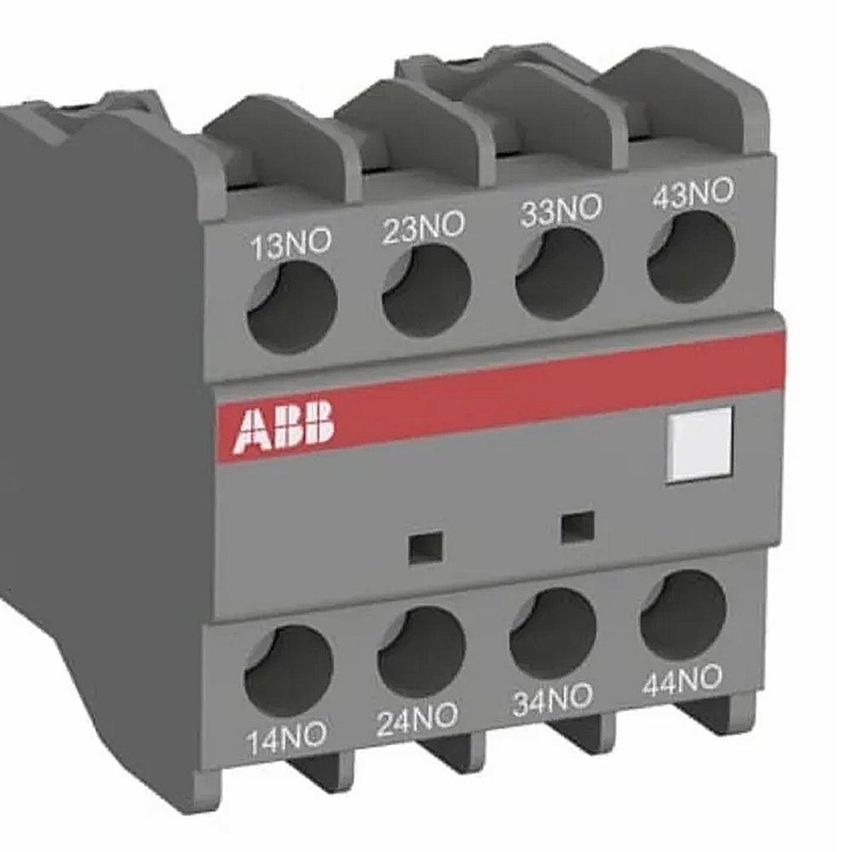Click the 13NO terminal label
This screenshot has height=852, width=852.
click(290, 245)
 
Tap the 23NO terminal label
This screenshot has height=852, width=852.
click(423, 227)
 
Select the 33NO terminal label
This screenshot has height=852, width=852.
click(560, 210)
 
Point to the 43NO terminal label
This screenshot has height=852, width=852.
click(692, 193)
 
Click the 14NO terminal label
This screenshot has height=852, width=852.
click(286, 738)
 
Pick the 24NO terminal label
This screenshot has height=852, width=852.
click(417, 719)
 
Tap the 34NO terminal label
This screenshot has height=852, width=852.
click(551, 699)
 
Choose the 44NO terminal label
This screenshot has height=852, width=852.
click(682, 681)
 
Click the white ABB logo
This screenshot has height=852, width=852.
click(285, 428)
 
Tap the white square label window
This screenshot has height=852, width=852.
click(699, 444)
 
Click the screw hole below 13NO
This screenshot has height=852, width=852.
click(291, 306)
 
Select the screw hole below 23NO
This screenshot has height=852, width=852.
click(426, 290)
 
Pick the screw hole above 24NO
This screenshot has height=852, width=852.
click(421, 650)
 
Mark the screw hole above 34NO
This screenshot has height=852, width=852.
click(553, 633)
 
